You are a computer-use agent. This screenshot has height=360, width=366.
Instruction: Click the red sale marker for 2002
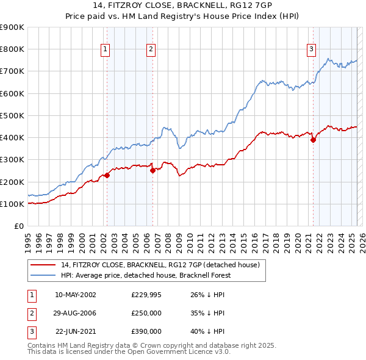[107, 175]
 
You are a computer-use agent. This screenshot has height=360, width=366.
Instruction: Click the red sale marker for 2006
[152, 171]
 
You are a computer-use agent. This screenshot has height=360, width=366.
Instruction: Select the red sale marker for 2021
[313, 140]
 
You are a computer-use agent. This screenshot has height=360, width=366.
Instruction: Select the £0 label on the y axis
[19, 226]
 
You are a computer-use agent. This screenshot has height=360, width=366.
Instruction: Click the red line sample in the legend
[43, 265]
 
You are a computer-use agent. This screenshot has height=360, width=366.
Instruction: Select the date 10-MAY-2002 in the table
[76, 295]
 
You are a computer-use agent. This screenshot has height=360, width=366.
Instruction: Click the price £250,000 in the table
[146, 313]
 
